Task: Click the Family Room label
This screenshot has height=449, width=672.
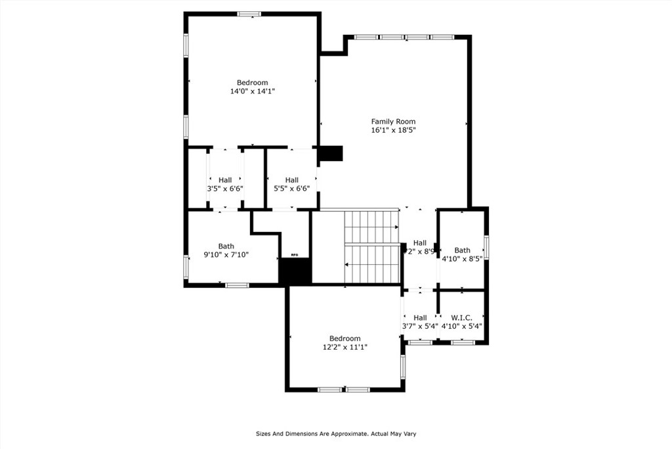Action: pyautogui.click(x=393, y=121)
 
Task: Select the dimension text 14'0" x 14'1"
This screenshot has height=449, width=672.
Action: pyautogui.click(x=252, y=91)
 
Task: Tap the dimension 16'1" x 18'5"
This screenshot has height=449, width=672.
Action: pyautogui.click(x=393, y=130)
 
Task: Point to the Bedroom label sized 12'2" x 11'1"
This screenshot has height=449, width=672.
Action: pyautogui.click(x=345, y=339)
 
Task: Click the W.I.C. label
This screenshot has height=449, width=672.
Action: pyautogui.click(x=462, y=318)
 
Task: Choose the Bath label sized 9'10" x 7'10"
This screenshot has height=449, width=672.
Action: pyautogui.click(x=226, y=246)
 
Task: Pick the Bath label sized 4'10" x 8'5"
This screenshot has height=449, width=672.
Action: pyautogui.click(x=463, y=250)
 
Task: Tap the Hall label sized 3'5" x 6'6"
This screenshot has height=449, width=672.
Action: pyautogui.click(x=225, y=179)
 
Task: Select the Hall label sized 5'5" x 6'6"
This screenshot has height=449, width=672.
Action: pyautogui.click(x=292, y=179)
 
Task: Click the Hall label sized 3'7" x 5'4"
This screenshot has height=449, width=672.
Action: pyautogui.click(x=420, y=318)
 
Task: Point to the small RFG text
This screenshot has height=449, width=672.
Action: pyautogui.click(x=295, y=255)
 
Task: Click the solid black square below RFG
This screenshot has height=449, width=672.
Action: pyautogui.click(x=295, y=272)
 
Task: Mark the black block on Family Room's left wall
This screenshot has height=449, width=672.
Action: pyautogui.click(x=331, y=153)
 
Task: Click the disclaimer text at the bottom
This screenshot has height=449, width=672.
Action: pyautogui.click(x=336, y=433)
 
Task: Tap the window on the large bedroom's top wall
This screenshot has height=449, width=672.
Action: pyautogui.click(x=249, y=14)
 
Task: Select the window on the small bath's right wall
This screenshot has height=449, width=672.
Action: pyautogui.click(x=486, y=247)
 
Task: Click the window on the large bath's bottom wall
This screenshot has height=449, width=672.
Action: pyautogui.click(x=236, y=285)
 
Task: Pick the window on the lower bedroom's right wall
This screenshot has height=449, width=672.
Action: pyautogui.click(x=403, y=367)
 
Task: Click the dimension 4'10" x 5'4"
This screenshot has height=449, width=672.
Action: pyautogui.click(x=462, y=326)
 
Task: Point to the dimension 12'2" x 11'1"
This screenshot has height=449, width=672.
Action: pyautogui.click(x=345, y=347)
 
